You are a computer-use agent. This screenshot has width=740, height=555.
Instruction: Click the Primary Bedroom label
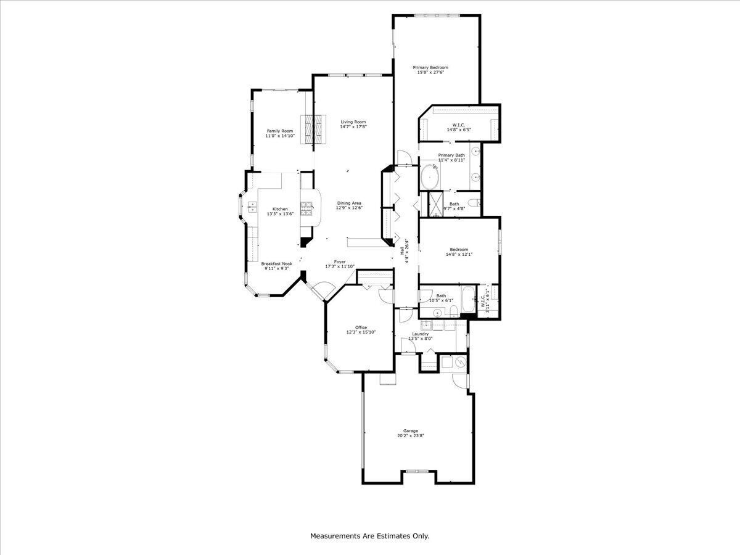[x=430, y=67]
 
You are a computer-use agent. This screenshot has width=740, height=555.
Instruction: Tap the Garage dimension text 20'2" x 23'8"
[x=411, y=436]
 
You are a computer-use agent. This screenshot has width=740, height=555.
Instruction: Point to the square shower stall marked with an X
[x=435, y=202]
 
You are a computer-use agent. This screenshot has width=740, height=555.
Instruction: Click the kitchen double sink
[x=253, y=208]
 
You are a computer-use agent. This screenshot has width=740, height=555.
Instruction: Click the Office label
[x=361, y=327]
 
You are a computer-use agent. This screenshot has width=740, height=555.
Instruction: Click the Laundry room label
[x=421, y=334]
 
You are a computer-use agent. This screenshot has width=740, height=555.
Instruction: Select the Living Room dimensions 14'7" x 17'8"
[x=353, y=127]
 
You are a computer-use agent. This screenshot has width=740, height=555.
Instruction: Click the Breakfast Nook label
[x=272, y=263]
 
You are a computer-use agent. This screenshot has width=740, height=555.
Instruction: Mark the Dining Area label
[x=348, y=203]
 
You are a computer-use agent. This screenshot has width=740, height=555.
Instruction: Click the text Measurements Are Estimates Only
[x=369, y=536]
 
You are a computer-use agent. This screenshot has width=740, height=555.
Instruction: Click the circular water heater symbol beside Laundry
[x=459, y=363]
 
